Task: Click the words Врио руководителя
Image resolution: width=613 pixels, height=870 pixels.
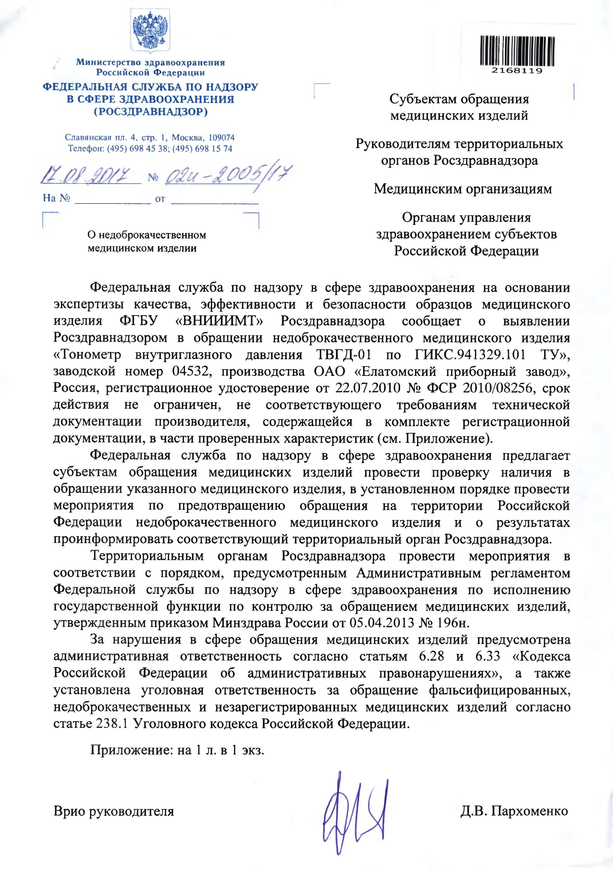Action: point(114,811)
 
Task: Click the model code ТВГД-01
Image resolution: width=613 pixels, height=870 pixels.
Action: point(343,355)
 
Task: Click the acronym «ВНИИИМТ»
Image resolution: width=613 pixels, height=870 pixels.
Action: point(220,321)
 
